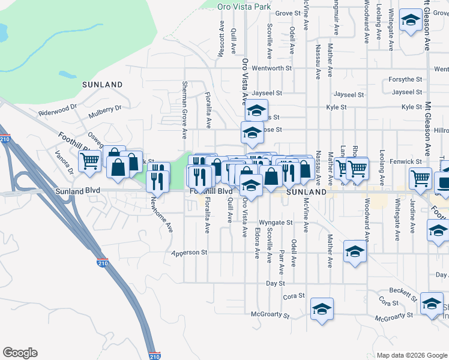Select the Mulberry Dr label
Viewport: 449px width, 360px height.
(104, 109)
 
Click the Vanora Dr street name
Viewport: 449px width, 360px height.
(65, 162)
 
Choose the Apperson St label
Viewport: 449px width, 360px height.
(188, 253)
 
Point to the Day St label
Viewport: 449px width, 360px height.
(275, 283)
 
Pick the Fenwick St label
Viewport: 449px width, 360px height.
(406, 162)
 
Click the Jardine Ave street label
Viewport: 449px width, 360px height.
(412, 222)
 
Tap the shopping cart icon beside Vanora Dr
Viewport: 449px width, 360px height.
(90, 161)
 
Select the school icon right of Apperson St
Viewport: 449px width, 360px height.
(355, 252)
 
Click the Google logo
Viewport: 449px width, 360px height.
(20, 353)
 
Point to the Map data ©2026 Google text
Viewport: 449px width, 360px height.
(411, 355)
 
